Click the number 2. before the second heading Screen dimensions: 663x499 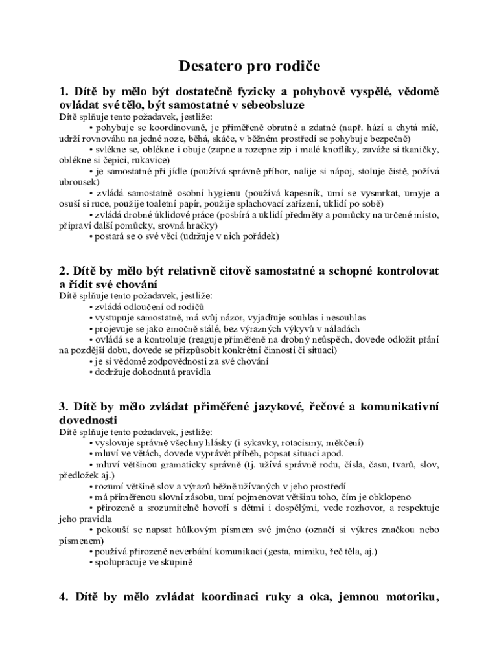click(64, 270)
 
